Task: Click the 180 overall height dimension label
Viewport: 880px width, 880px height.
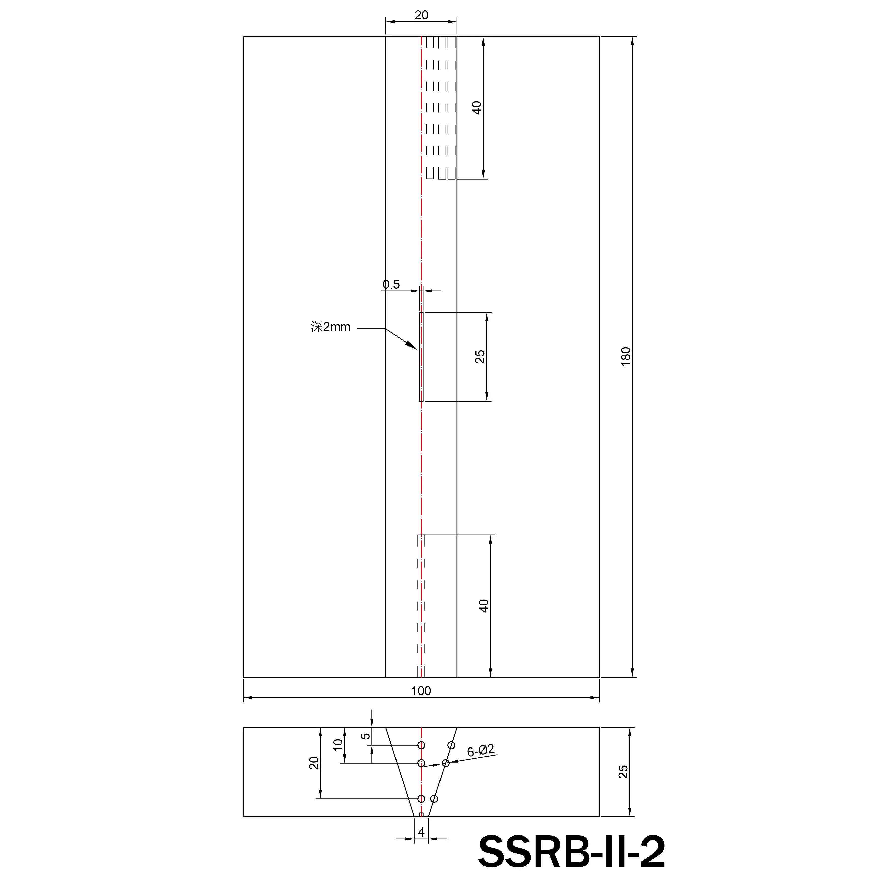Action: coord(625,356)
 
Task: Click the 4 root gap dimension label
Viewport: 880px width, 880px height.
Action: coord(421,832)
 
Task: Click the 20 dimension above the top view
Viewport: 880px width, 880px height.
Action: coord(421,15)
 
